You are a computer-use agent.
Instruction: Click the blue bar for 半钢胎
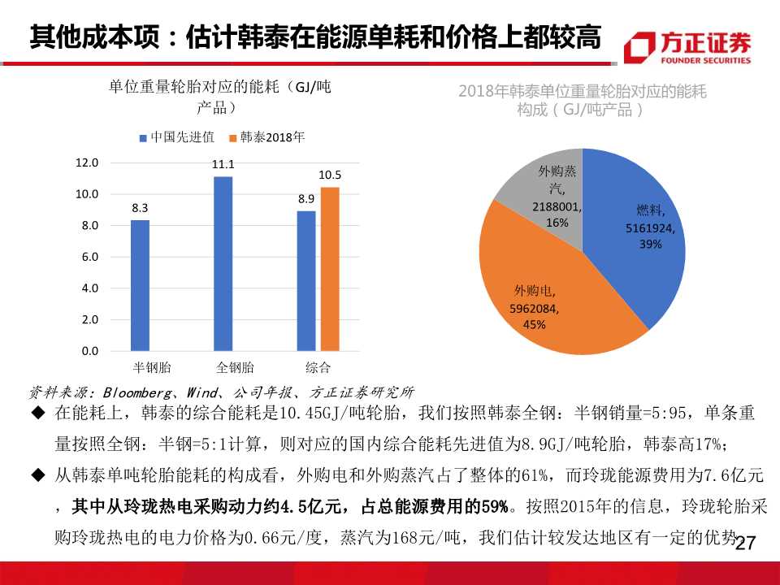point(140,285)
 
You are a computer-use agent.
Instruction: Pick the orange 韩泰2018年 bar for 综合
point(330,269)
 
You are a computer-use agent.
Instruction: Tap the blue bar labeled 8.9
point(306,281)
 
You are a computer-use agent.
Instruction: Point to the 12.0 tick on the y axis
point(86,162)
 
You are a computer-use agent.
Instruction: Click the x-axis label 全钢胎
point(235,367)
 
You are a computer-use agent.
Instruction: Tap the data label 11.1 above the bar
point(223,165)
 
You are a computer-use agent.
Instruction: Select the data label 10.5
point(330,175)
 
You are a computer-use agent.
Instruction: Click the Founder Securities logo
point(687,47)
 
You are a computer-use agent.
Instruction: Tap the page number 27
point(745,543)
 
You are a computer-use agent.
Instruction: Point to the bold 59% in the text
point(496,507)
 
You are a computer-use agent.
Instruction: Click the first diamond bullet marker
point(37,414)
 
